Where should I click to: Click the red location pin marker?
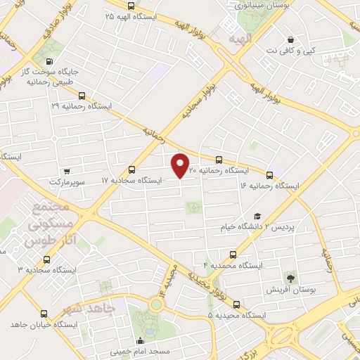(x=181, y=165)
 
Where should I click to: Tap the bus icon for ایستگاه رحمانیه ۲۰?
(x=219, y=160)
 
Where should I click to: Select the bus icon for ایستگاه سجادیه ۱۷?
(x=132, y=169)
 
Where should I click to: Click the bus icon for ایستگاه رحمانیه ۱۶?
(x=269, y=174)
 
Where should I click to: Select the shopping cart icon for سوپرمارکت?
(x=67, y=171)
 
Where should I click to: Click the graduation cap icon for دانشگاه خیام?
(x=258, y=217)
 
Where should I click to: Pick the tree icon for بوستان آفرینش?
(x=291, y=278)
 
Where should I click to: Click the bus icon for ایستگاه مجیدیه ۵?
(x=236, y=305)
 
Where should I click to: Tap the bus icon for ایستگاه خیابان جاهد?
(x=45, y=314)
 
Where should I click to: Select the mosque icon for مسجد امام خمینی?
(x=139, y=341)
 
